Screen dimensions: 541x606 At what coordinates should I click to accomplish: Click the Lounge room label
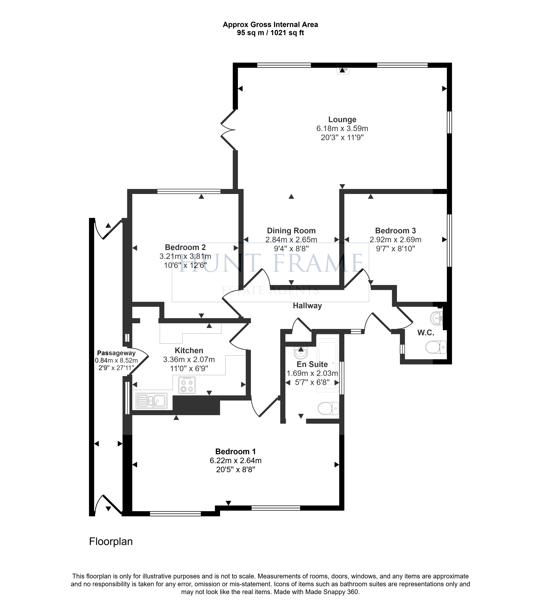point(342,120)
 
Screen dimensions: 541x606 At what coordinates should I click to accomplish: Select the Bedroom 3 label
point(395,231)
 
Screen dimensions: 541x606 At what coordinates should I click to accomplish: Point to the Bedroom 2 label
point(185,247)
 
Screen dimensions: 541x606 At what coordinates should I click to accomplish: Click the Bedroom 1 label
point(235,452)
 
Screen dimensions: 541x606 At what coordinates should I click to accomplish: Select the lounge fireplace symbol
point(343,70)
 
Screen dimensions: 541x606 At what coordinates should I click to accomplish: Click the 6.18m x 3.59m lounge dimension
point(342,129)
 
